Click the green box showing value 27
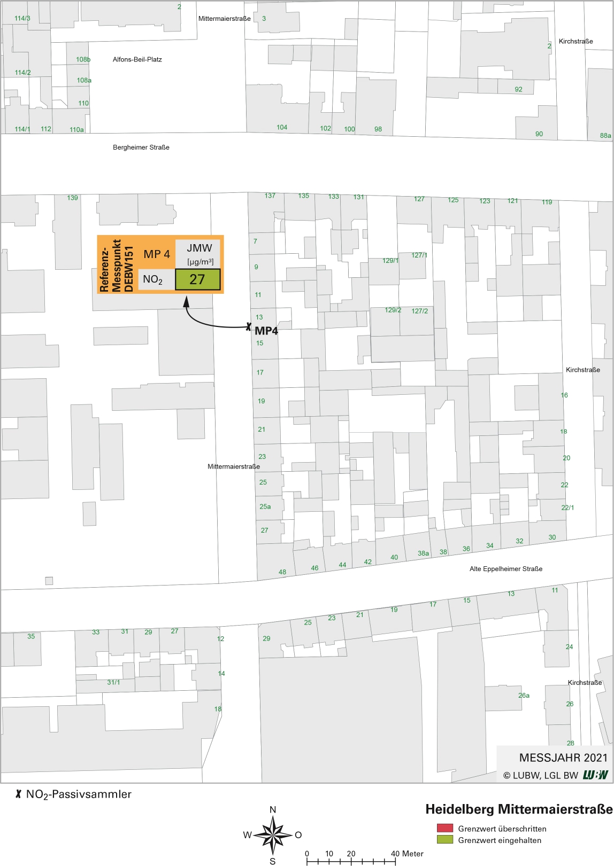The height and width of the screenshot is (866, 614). pos(197,279)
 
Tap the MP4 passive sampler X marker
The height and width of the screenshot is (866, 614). pos(249,326)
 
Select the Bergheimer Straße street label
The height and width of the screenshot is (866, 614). pos(141,147)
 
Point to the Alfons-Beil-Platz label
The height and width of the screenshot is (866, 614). pos(137,59)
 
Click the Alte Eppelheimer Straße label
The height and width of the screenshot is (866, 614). pos(505,569)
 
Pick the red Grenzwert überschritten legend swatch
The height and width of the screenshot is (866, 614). pos(444,829)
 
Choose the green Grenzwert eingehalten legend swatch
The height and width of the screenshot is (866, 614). pos(444,840)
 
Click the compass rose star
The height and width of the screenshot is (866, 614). pos(273,834)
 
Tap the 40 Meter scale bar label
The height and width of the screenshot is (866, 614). pos(407,854)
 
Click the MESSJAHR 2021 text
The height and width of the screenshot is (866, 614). pos(563,758)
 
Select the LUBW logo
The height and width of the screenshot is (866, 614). pos(595,775)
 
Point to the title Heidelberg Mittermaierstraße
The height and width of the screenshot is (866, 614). pos(519,809)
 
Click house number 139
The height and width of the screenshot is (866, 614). pos(73,198)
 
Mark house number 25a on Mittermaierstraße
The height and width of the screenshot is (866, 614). pos(265,506)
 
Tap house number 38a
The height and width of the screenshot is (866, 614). pos(423,553)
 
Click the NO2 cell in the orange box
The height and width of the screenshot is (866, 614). pos(153,279)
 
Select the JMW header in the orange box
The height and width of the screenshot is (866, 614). pos(199,248)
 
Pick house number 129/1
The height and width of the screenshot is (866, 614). pos(390,261)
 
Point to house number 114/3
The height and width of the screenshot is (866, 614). pos(22,18)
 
